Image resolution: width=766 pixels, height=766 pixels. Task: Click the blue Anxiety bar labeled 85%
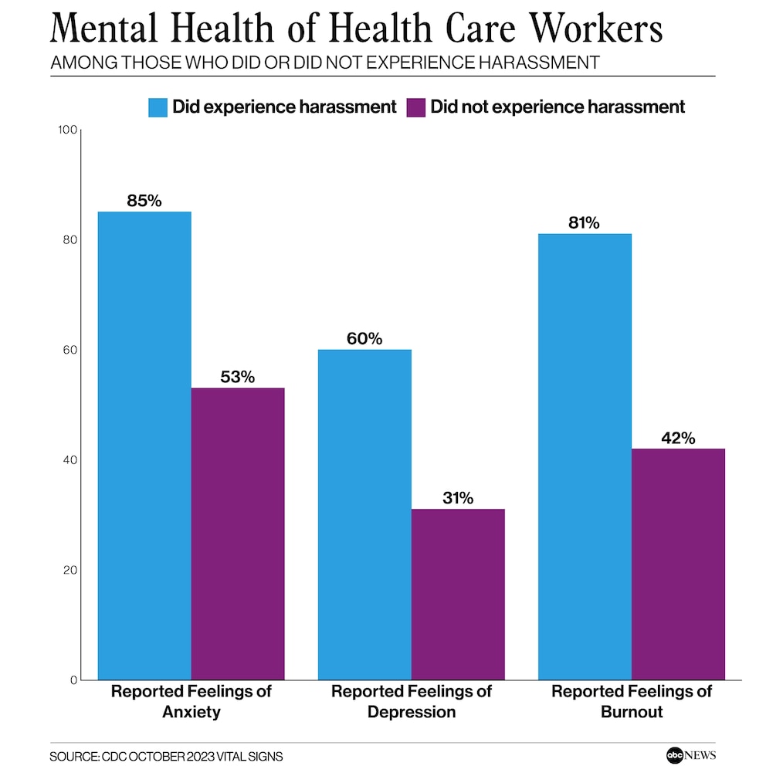tap(144, 446)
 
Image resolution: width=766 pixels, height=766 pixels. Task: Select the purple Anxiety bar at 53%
tap(238, 534)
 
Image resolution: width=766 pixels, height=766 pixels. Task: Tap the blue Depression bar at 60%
tap(364, 514)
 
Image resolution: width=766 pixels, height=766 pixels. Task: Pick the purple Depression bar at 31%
tap(458, 595)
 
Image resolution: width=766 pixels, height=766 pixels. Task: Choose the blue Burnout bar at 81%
tap(585, 456)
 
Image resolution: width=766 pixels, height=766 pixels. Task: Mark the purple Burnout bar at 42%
tap(678, 564)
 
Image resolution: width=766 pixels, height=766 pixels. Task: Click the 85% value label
tap(144, 201)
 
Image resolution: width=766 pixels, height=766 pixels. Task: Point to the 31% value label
tap(458, 498)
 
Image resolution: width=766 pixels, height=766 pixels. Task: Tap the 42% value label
tap(678, 438)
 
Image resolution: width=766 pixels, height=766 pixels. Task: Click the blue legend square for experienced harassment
tap(158, 107)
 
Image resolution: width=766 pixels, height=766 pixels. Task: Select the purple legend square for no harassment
tap(415, 107)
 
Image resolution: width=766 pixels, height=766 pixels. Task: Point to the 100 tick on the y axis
tap(68, 130)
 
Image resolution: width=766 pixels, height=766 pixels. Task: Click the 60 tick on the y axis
tap(70, 350)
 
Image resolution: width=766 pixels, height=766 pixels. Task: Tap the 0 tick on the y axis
tap(73, 680)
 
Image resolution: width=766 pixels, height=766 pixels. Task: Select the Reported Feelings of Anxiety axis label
tap(191, 701)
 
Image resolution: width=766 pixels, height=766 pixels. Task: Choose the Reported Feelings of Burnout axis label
tap(632, 701)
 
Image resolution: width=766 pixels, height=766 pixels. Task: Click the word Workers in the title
tap(586, 30)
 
